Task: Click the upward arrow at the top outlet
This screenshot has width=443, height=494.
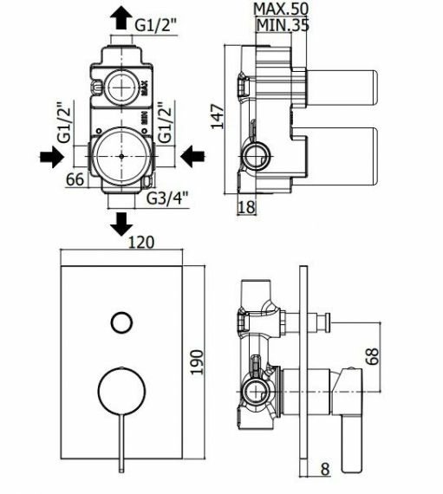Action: point(121,17)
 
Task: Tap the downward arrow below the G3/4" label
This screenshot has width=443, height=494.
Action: point(121,224)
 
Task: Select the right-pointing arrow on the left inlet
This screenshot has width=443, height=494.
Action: point(52,156)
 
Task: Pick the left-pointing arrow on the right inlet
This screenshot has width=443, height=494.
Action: point(192,156)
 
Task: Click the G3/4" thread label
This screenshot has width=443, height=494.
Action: point(167,198)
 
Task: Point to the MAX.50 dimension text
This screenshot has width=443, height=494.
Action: point(280,9)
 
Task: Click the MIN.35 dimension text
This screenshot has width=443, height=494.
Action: point(283,25)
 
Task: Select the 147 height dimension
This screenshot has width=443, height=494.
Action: point(218,117)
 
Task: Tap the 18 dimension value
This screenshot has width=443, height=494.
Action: point(246,207)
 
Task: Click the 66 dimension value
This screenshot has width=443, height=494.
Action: point(75,179)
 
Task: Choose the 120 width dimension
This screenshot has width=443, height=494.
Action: point(141,243)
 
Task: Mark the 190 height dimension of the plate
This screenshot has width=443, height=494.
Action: point(198,362)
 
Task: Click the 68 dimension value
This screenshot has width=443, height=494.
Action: point(373,356)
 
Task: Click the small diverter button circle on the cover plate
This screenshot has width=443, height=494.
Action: point(121,322)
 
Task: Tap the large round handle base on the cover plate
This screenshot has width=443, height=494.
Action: point(121,390)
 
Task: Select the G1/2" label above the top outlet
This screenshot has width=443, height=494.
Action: point(157,25)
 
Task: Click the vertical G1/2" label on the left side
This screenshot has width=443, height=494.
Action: point(65,122)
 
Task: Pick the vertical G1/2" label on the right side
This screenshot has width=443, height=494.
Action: point(165,122)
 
